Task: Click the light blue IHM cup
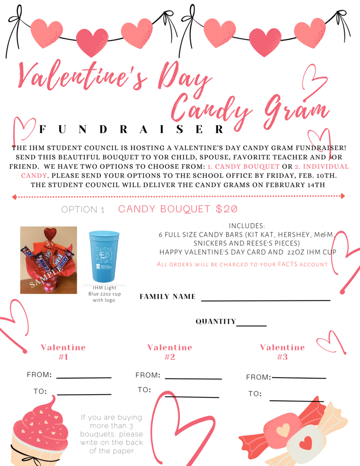coord(104,256)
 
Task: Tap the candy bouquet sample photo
coord(49,260)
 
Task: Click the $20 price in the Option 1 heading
coord(227,209)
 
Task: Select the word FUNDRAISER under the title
coord(132,130)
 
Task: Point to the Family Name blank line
coord(266,300)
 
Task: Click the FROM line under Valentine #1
coord(84,377)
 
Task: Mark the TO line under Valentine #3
coord(296,400)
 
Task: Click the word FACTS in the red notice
coord(289,264)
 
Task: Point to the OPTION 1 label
coord(83,210)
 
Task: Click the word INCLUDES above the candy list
coord(247,226)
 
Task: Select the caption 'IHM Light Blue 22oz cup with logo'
coord(104,294)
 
